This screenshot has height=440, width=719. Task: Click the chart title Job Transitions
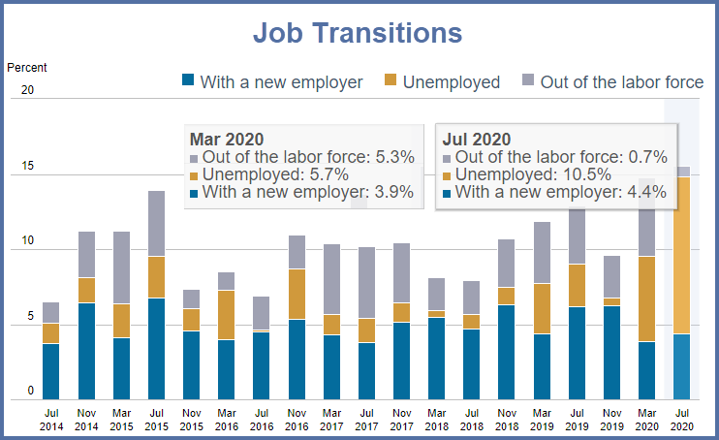click(358, 33)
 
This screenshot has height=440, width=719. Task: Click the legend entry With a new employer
click(280, 82)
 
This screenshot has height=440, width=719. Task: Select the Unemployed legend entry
click(450, 82)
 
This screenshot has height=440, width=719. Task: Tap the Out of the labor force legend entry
click(620, 82)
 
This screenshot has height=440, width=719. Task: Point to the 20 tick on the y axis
click(27, 90)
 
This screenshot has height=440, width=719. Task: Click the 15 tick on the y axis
click(27, 166)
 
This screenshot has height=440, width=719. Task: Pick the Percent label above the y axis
click(27, 68)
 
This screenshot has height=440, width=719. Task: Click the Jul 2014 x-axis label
click(51, 419)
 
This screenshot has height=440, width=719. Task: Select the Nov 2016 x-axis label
click(297, 419)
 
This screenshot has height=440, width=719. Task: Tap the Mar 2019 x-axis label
click(542, 419)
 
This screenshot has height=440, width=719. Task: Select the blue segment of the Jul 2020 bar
click(683, 366)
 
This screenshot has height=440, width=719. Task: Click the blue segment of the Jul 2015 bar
click(156, 349)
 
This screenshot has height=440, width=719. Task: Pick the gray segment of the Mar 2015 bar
click(121, 267)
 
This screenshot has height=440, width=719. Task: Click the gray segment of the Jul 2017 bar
click(366, 282)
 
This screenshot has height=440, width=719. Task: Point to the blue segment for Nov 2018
click(507, 352)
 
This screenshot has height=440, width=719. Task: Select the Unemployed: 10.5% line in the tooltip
click(532, 174)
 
